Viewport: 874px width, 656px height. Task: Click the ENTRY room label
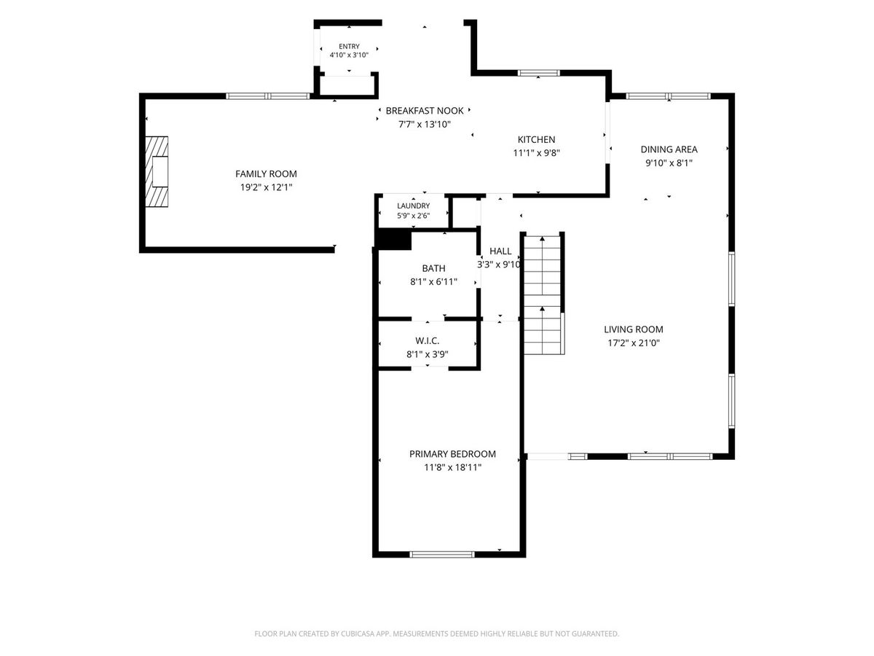349,46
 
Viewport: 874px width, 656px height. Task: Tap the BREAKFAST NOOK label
425,111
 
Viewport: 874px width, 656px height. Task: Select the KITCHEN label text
536,139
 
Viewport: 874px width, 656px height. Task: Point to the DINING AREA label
669,149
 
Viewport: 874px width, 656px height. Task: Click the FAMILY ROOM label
266,174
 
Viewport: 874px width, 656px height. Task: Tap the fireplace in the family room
157,172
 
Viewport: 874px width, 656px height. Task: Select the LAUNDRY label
413,206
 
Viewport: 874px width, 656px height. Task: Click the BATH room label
433,268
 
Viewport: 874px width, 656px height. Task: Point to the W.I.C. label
428,341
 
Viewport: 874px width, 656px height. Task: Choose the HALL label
500,251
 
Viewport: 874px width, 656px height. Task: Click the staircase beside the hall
543,294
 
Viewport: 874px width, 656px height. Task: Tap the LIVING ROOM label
634,329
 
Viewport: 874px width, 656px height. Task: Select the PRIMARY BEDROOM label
453,454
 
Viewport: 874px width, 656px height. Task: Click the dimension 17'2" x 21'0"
634,343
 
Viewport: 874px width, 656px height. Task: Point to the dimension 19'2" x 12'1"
266,187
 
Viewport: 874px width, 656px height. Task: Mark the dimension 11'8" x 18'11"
453,467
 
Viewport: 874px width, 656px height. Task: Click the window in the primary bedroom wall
442,555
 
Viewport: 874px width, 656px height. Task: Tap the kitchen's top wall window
539,73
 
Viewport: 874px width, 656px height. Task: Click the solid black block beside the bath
393,241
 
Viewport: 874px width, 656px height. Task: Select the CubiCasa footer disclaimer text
437,633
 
